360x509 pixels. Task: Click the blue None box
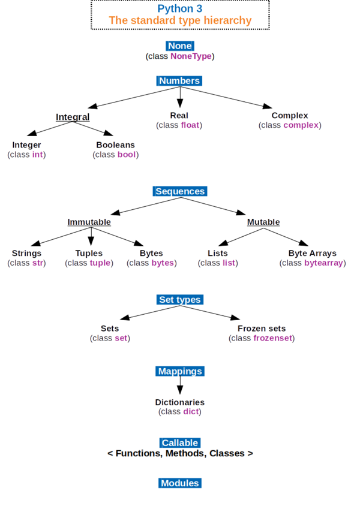coord(180,46)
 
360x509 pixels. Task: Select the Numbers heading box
coord(179,80)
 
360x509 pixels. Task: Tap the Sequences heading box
coord(180,191)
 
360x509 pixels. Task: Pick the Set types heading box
coord(180,299)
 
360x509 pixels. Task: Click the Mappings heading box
coord(180,371)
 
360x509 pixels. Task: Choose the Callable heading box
coord(180,442)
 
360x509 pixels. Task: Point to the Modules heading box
coord(180,483)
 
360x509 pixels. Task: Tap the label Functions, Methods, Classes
coord(180,453)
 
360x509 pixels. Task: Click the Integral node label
coord(72,117)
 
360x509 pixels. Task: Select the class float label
coord(179,125)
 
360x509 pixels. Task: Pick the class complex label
coord(290,125)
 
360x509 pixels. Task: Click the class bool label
coord(116,155)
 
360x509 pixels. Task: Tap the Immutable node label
coord(89,222)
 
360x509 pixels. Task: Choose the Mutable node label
coord(263,222)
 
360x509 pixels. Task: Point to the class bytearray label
coord(312,263)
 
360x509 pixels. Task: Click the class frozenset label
coord(262,338)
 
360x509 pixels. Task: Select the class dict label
coord(179,412)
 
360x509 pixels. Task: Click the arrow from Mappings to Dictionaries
coord(179,387)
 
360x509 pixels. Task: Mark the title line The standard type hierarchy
coord(180,20)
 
